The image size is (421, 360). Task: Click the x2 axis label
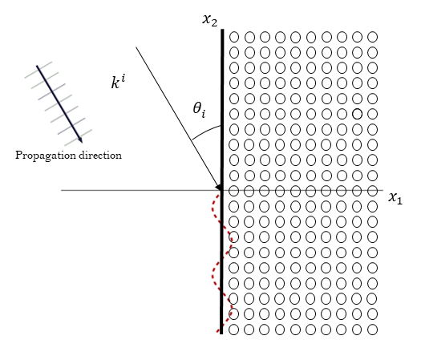(x=211, y=18)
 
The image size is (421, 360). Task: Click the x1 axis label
(x=395, y=197)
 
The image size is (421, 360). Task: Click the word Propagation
(x=45, y=155)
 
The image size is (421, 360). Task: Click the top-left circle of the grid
(x=234, y=37)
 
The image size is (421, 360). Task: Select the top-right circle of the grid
(x=373, y=37)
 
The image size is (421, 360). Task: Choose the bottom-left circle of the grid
(x=234, y=329)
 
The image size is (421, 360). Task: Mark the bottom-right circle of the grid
(x=373, y=329)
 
